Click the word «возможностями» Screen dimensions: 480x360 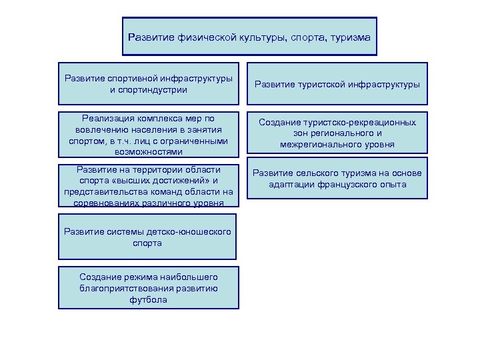(x=149, y=152)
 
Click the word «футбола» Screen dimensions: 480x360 (x=149, y=300)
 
